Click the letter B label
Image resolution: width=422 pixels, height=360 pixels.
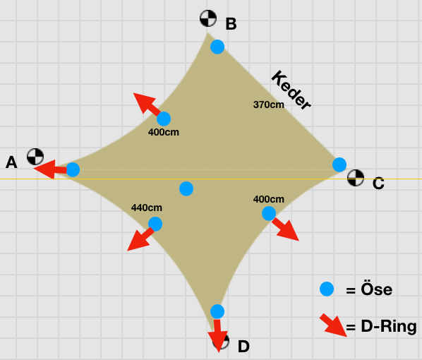pyautogui.click(x=231, y=24)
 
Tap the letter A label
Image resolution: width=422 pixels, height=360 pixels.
pyautogui.click(x=11, y=162)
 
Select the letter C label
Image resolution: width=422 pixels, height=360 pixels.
pyautogui.click(x=378, y=184)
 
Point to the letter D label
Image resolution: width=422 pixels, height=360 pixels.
pyautogui.click(x=243, y=347)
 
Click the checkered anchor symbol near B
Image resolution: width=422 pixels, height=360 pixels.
pyautogui.click(x=208, y=18)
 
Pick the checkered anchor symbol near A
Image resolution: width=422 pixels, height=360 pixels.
pyautogui.click(x=35, y=157)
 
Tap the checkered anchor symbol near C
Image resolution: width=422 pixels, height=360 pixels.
pyautogui.click(x=356, y=178)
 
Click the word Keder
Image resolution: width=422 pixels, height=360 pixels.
pyautogui.click(x=291, y=90)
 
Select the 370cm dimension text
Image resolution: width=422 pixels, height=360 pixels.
pyautogui.click(x=269, y=104)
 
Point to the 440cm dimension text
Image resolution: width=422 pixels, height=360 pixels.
pyautogui.click(x=147, y=208)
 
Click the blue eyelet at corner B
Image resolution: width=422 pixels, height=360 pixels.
pyautogui.click(x=217, y=47)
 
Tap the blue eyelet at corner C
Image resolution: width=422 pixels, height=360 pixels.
pyautogui.click(x=339, y=164)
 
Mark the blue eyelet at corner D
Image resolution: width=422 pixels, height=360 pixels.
pyautogui.click(x=217, y=311)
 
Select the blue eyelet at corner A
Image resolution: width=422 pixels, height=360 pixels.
pyautogui.click(x=73, y=169)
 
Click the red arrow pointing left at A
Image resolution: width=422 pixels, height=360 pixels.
pyautogui.click(x=50, y=169)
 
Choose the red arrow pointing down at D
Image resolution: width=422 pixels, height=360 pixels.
pyautogui.click(x=218, y=335)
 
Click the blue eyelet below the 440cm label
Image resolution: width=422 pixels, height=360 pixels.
pyautogui.click(x=155, y=224)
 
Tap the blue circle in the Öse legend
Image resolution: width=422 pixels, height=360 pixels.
pyautogui.click(x=327, y=289)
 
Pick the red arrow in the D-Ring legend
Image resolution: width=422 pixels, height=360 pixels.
pyautogui.click(x=333, y=325)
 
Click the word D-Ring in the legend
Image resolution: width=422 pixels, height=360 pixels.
pyautogui.click(x=389, y=326)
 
